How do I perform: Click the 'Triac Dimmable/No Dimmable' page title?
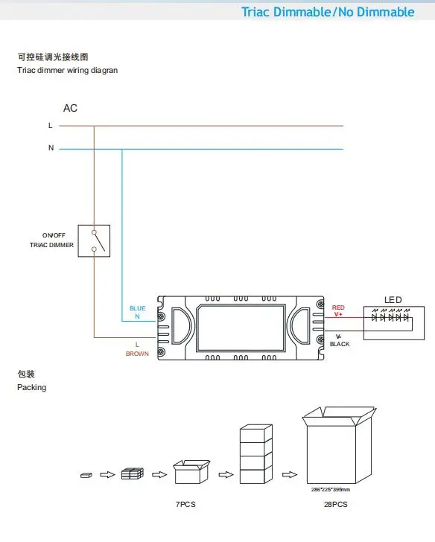[x=328, y=12]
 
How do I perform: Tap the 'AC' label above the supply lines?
[x=70, y=108]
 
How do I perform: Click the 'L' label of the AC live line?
[x=51, y=126]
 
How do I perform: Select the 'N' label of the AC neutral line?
[x=51, y=148]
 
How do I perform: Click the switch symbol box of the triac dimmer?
[x=94, y=241]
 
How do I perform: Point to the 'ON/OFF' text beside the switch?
[x=54, y=235]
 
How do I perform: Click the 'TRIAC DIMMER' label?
[x=51, y=245]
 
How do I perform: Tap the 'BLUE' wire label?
[x=137, y=308]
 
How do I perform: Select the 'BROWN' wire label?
[x=137, y=354]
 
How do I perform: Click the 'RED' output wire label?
[x=338, y=307]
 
